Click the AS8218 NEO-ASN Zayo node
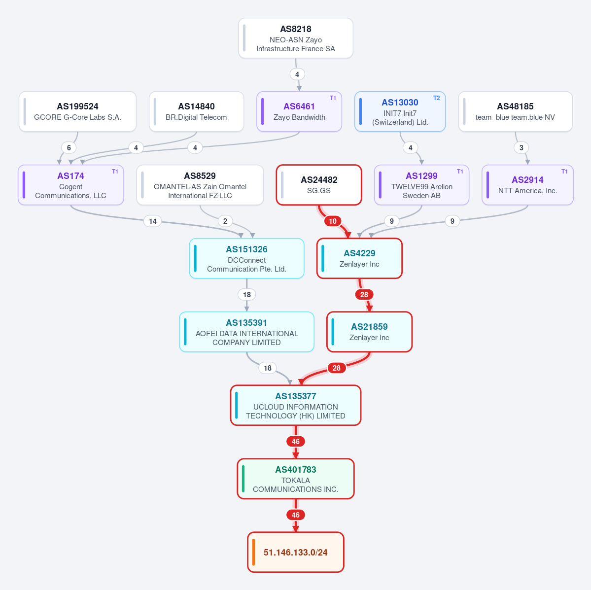[296, 38]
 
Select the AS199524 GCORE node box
[78, 111]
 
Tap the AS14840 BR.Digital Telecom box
[196, 111]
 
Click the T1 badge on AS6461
[333, 98]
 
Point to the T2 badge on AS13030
[436, 98]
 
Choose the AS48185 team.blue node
[515, 111]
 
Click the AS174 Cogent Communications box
[71, 185]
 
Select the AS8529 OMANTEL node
[200, 185]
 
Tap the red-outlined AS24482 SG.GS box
[319, 185]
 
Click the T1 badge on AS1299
[460, 172]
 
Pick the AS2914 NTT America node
[528, 185]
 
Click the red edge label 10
[333, 221]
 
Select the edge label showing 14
[153, 221]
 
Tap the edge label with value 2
[225, 221]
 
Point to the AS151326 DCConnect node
[246, 259]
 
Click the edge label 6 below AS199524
[69, 148]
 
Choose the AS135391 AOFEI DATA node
[246, 332]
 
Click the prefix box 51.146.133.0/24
[296, 553]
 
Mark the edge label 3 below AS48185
[521, 148]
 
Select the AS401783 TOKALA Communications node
[296, 479]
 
